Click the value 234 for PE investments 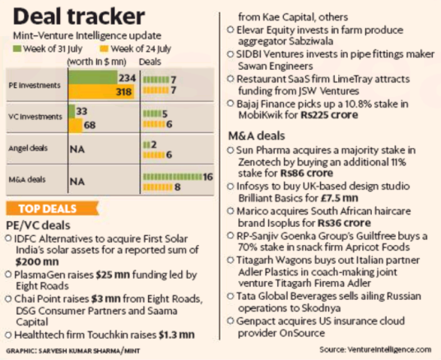pos(127,77)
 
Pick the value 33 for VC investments pos(83,111)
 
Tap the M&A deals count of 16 pos(208,176)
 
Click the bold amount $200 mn pos(35,262)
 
